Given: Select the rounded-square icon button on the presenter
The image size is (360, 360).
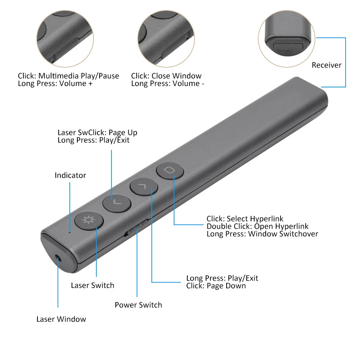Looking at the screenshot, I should click(x=170, y=169).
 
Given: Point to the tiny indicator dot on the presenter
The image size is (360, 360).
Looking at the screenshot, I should click(x=70, y=232).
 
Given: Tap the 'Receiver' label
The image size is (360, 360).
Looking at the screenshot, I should click(x=326, y=65).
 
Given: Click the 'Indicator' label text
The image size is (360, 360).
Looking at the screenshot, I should click(x=70, y=176).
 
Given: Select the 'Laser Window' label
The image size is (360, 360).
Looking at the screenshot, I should click(x=61, y=319).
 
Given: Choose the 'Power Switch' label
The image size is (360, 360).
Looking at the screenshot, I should click(x=138, y=305).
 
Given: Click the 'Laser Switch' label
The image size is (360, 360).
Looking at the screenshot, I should click(x=92, y=286).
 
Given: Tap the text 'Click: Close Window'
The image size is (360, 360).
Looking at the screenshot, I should click(x=166, y=76).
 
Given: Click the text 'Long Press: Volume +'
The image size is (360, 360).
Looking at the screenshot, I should click(x=55, y=83).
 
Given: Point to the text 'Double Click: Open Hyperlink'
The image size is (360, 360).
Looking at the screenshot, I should click(x=258, y=226).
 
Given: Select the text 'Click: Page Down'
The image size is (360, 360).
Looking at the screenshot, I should click(x=216, y=286).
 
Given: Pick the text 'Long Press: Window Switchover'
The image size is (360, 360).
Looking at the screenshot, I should click(x=262, y=234).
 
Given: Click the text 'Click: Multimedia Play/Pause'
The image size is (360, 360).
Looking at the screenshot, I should click(x=68, y=76).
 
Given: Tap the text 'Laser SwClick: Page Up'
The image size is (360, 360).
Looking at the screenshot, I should click(x=97, y=133).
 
